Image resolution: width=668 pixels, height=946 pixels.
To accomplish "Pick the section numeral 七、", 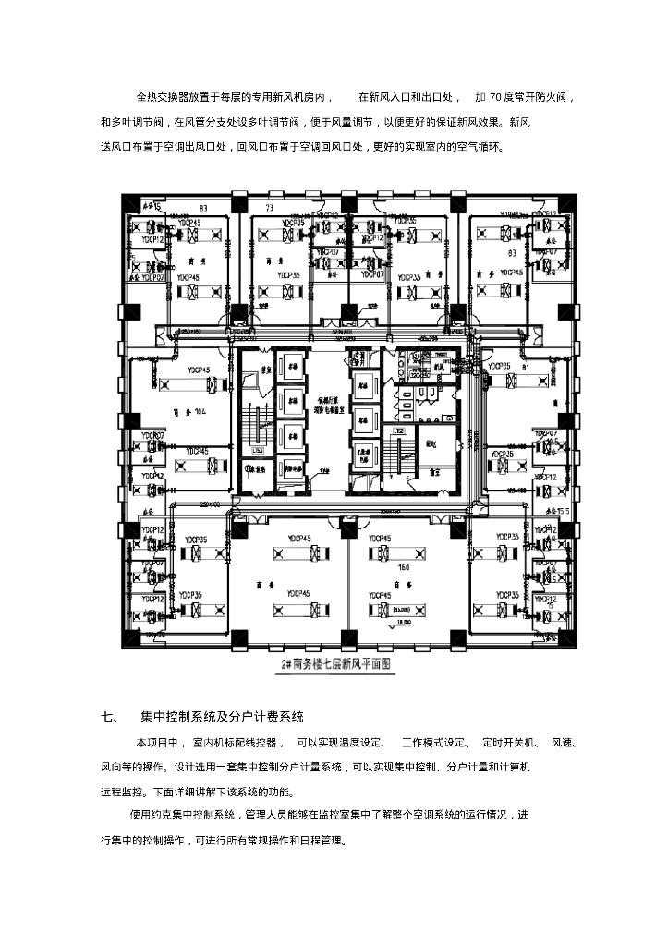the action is (108, 716).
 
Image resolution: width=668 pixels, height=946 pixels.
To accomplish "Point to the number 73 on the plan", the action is (271, 208).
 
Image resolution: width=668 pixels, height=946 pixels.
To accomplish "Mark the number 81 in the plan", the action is (527, 368).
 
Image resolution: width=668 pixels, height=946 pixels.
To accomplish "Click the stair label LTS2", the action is (400, 431).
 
